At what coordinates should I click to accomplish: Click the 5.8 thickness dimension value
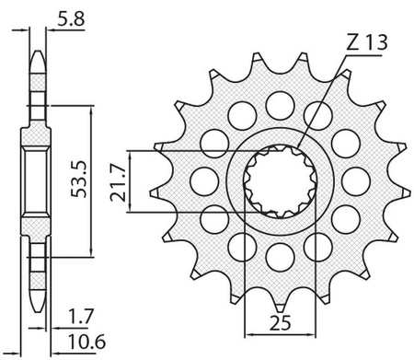click(x=71, y=20)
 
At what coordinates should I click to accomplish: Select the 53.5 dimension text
click(x=79, y=180)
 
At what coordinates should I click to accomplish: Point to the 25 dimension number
click(x=280, y=322)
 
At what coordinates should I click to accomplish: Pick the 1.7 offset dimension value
click(x=80, y=317)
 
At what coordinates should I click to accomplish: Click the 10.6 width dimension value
click(x=86, y=342)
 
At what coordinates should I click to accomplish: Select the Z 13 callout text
click(x=367, y=42)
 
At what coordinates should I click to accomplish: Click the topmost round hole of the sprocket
click(x=280, y=106)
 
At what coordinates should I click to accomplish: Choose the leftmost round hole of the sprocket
click(x=204, y=181)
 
